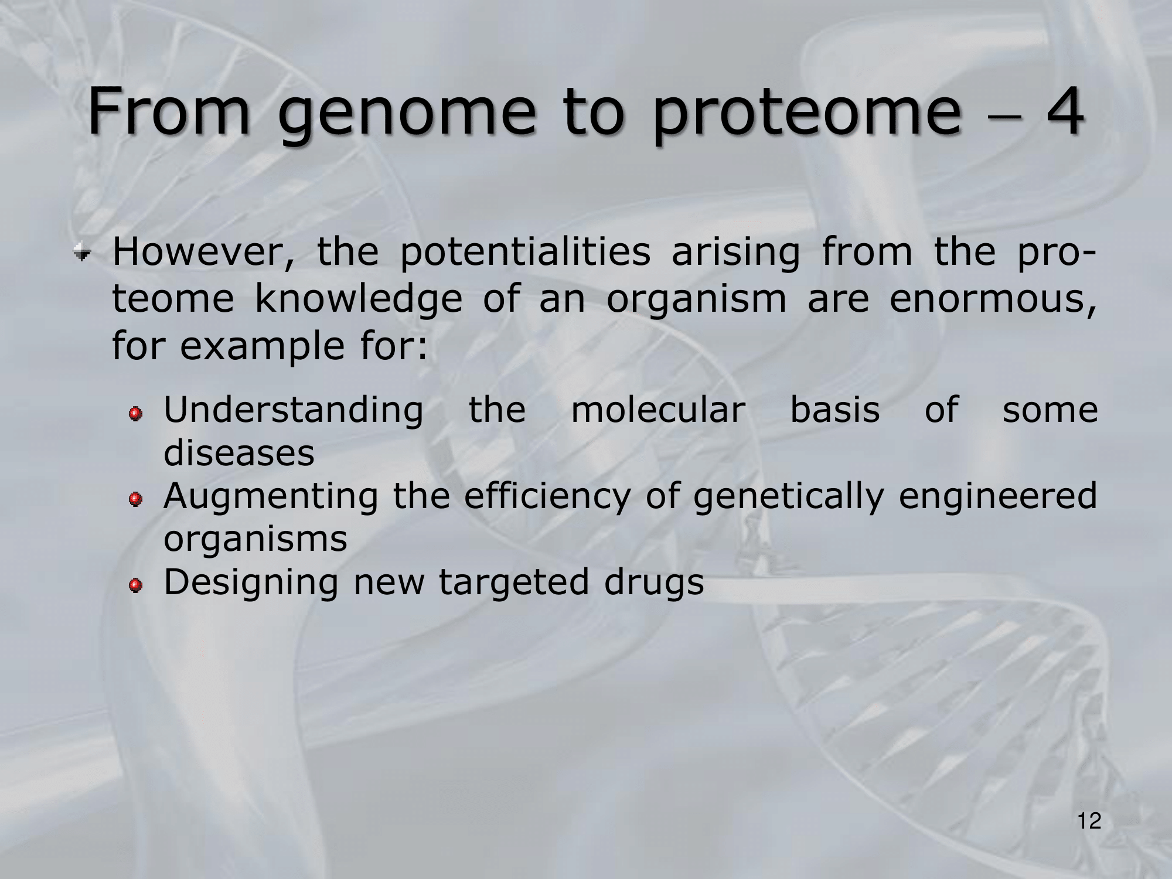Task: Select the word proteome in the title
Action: tap(807, 114)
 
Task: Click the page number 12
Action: tap(1089, 821)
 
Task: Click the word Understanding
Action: tap(294, 410)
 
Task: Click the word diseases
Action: tap(239, 452)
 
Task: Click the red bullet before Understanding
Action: tap(136, 414)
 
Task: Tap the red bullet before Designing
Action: tap(136, 585)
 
